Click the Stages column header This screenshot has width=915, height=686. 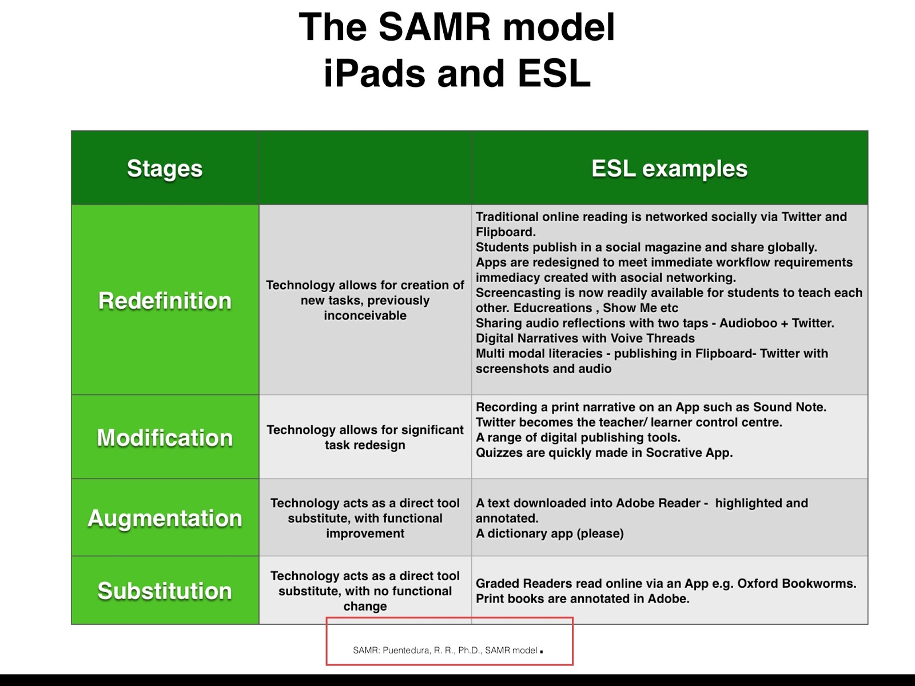[x=165, y=169]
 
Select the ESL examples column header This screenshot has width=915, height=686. [x=669, y=169]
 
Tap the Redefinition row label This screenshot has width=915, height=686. [x=165, y=301]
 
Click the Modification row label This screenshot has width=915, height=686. [x=165, y=438]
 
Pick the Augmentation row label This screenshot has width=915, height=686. [x=165, y=519]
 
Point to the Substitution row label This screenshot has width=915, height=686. [x=165, y=591]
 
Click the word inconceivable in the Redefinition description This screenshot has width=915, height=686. [x=365, y=316]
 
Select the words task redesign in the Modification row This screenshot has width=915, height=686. [x=365, y=445]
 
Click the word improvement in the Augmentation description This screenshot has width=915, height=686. [x=365, y=534]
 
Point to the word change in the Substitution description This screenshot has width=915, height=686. [x=365, y=607]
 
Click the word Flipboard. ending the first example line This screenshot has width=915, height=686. [x=506, y=232]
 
